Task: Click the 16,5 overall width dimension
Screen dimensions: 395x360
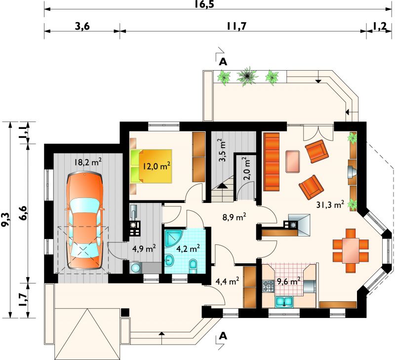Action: point(204,4)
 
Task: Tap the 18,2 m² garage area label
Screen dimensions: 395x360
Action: point(88,162)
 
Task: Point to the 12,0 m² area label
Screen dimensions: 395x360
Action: point(157,166)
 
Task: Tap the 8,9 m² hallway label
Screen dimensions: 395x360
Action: point(234,217)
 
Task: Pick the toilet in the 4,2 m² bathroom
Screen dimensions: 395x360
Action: point(193,266)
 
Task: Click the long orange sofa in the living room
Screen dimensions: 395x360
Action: point(271,162)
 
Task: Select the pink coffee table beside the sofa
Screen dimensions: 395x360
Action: point(292,161)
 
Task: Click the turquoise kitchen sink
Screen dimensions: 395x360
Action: point(284,302)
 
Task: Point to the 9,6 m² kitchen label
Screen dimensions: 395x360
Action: point(289,281)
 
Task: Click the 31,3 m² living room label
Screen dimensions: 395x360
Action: point(330,205)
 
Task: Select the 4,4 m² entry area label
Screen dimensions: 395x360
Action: point(227,281)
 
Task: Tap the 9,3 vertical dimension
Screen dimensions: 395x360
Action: point(6,219)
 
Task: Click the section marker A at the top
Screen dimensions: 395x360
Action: point(223,62)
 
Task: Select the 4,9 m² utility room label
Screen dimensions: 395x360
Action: point(144,249)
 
